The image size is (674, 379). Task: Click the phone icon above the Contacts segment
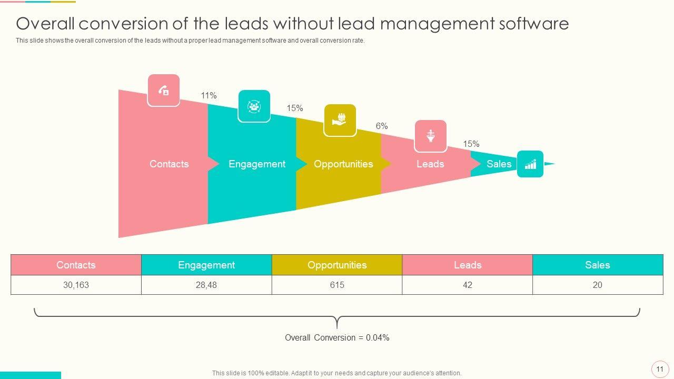pos(163,91)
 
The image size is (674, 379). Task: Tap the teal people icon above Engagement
pos(254,106)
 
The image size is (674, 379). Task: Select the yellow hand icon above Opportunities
pos(340,120)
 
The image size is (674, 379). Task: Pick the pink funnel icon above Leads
pos(431,136)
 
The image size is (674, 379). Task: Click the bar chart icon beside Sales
pos(530,164)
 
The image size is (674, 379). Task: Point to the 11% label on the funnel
pos(209,96)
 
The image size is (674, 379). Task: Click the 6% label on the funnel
pos(382,126)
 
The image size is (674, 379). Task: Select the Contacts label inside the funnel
pos(169,164)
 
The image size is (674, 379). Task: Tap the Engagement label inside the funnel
pos(257,164)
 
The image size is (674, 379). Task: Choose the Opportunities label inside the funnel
pos(343,164)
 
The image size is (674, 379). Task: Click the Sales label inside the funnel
pos(499,164)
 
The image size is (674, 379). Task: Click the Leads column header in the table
pos(468,265)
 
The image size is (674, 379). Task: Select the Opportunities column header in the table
pos(337,265)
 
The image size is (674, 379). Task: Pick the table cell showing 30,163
pos(76,285)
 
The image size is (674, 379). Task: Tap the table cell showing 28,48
pos(206,285)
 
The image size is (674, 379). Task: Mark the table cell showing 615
pos(337,285)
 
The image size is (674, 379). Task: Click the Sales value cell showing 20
pos(598,285)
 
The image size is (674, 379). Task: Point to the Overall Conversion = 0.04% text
pos(337,338)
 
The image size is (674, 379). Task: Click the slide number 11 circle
pos(660,369)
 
